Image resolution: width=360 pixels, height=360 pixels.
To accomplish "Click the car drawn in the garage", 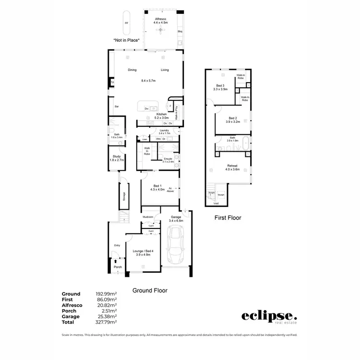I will click(176, 244).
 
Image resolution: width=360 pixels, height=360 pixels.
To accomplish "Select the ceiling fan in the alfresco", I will click(160, 30).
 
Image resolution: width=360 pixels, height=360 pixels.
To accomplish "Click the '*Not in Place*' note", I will click(127, 40).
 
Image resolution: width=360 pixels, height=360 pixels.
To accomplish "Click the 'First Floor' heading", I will click(227, 217).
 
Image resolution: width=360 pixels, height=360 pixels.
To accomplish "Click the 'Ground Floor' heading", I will click(150, 290).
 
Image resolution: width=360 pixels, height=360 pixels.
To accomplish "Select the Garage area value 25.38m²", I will click(107, 316).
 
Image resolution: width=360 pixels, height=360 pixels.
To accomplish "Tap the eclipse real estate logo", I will click(269, 317).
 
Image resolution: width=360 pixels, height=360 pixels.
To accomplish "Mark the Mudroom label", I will click(148, 217).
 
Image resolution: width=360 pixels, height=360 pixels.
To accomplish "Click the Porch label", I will click(118, 267).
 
